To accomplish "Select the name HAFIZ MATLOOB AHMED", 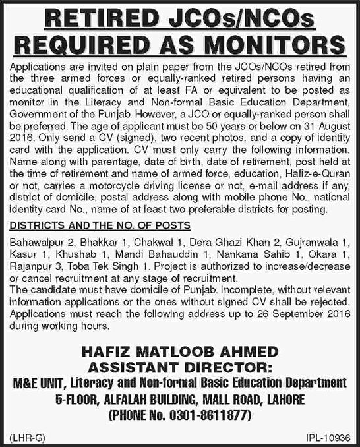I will [x=180, y=353].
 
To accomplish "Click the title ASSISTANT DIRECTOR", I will [x=179, y=367].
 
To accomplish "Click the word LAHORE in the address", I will [x=282, y=398].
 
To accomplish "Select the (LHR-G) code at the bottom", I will [x=24, y=437].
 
